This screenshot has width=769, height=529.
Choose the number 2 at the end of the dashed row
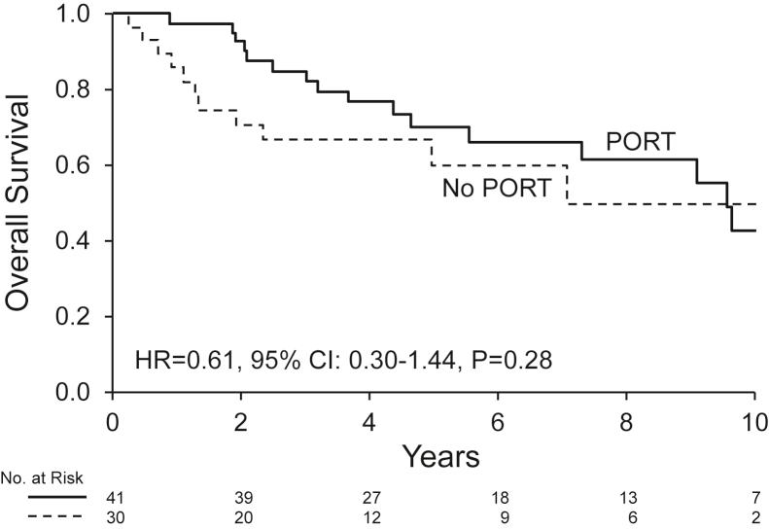pyautogui.click(x=754, y=514)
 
